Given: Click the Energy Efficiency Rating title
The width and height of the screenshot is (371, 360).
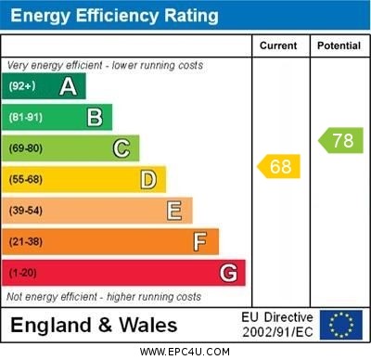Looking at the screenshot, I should tap(113, 16).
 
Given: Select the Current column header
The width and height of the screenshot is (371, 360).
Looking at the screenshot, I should tap(278, 45).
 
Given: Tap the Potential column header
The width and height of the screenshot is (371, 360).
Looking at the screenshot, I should tap(339, 45).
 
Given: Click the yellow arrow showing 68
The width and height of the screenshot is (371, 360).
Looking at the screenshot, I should tap(278, 167).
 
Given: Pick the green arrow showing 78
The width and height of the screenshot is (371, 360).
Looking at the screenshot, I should tap(340, 141).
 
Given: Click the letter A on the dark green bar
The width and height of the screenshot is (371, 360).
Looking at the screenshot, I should tap(68, 86).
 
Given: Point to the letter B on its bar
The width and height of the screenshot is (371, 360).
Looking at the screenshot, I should tap(95, 117).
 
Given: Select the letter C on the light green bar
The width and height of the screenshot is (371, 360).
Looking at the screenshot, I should tap(122, 148).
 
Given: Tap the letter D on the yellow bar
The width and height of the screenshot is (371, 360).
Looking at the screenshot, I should tap(147, 179).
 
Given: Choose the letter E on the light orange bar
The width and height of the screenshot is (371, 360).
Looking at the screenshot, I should tap(174, 211).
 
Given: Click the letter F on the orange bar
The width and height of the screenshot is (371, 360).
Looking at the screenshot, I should tap(199, 242).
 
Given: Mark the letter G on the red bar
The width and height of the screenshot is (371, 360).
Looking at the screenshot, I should tap(228, 273).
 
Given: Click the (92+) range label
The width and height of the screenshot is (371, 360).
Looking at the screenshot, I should tap(21, 86).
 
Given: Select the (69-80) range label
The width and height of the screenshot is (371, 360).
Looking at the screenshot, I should tap(26, 148).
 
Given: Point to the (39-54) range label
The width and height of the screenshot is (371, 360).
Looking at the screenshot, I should tap(26, 211).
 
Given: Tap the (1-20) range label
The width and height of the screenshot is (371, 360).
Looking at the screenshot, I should tap(23, 274).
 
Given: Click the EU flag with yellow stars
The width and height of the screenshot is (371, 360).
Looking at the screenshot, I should tap(340, 325).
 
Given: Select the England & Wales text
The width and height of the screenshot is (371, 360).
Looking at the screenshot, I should tap(94, 325).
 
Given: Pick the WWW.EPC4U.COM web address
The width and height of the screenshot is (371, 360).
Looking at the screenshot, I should tap(185, 352).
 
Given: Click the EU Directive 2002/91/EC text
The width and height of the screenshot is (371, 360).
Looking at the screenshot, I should tap(277, 325).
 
